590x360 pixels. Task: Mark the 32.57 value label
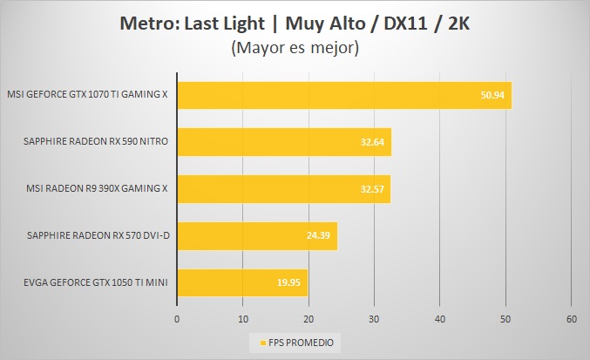[x=373, y=189]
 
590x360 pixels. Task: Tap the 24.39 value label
[x=320, y=236]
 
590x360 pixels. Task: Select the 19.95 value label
[x=290, y=283]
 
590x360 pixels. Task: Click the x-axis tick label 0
[x=177, y=319]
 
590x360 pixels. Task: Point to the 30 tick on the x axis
[x=375, y=319]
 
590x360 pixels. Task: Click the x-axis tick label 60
[x=572, y=319]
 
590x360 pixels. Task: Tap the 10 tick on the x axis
[x=243, y=319]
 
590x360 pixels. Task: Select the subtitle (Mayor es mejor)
[x=295, y=49]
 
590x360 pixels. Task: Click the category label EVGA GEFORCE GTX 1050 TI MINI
[x=87, y=282]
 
